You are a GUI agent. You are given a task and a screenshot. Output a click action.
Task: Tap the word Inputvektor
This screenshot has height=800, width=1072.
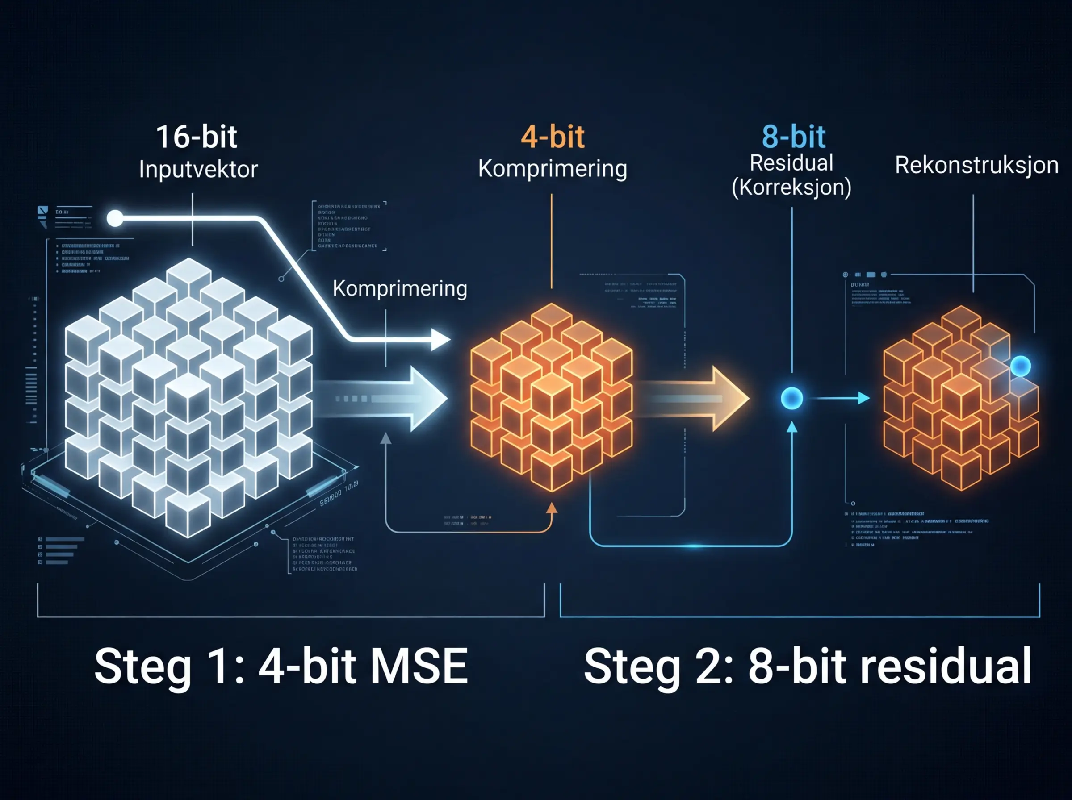coord(198,170)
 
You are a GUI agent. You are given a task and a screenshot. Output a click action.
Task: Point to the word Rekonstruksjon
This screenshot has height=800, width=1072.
coord(976,166)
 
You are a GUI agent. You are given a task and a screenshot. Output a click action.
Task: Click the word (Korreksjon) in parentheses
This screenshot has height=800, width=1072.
coord(791,187)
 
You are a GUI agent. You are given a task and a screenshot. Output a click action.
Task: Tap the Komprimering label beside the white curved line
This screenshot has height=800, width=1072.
coord(400,289)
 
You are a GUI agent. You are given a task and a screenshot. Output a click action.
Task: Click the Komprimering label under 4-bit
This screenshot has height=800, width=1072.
coord(552,169)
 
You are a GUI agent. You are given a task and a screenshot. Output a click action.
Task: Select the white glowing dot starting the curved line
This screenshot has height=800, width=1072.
coord(115,218)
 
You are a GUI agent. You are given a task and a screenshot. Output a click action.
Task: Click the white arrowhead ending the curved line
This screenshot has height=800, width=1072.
coord(440,340)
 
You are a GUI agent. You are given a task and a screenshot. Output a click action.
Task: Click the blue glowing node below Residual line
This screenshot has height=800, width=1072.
coord(791,398)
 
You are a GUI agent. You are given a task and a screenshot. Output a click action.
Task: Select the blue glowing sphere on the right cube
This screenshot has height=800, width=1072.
coord(1020,366)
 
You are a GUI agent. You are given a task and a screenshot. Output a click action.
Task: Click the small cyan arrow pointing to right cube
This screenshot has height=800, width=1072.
coord(863,398)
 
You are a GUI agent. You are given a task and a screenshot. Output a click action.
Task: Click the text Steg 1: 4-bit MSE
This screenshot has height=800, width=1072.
coord(281,667)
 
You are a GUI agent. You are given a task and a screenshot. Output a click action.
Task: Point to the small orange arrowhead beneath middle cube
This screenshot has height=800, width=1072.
coord(552,508)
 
